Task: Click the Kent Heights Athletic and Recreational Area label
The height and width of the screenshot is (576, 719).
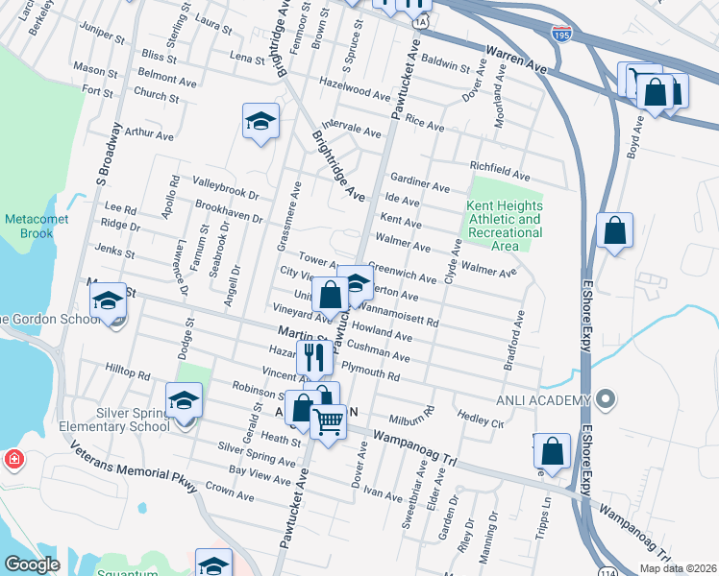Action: (x=504, y=226)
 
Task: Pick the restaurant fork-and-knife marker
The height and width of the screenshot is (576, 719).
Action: (x=313, y=357)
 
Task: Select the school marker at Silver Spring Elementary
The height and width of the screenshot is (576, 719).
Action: (x=184, y=401)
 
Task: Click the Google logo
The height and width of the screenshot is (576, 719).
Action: (x=33, y=564)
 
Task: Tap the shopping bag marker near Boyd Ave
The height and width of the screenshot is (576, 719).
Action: (x=613, y=231)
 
